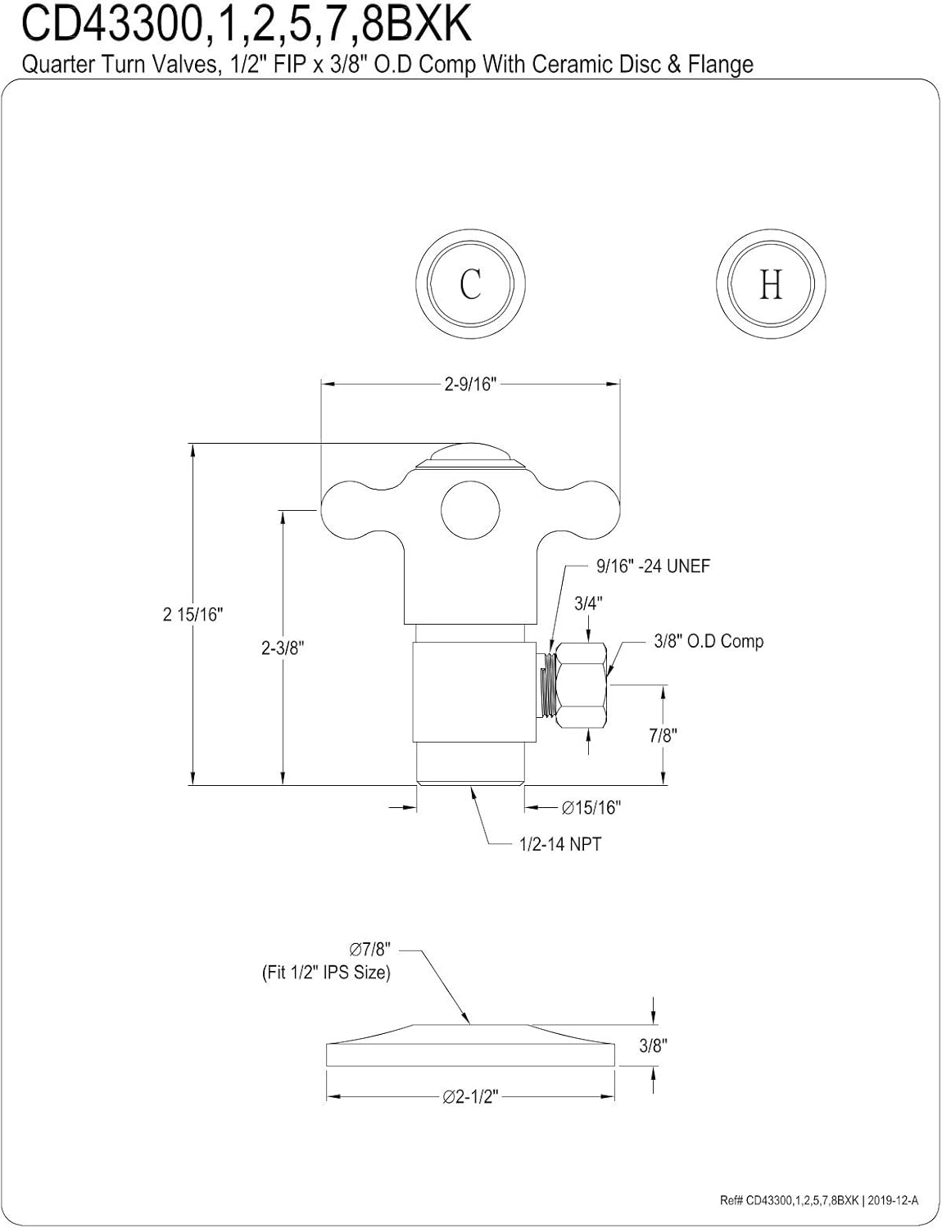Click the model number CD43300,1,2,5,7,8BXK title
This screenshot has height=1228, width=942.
tap(246, 25)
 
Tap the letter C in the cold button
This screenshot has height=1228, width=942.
tap(470, 284)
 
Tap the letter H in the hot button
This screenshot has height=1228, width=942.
tap(770, 284)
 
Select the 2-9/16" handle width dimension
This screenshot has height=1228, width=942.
tap(470, 384)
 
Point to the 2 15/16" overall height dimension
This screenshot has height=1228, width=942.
tap(193, 614)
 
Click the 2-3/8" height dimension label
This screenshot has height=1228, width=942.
tap(283, 648)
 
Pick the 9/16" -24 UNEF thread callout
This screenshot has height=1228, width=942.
tap(653, 566)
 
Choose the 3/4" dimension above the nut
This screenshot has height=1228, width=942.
tap(588, 603)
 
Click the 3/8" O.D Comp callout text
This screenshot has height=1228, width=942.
tap(709, 641)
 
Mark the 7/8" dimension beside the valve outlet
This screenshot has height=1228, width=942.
tap(663, 735)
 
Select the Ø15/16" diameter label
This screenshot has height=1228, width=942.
tap(591, 808)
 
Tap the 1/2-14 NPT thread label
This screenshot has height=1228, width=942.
tap(560, 844)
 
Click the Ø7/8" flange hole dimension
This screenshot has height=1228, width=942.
tap(370, 950)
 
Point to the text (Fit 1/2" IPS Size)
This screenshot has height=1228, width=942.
tap(326, 973)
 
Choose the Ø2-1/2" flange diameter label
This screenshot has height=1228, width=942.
tap(470, 1097)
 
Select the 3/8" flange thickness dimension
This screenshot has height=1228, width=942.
tap(654, 1045)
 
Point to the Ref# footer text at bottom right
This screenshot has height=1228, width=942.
tap(819, 1201)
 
